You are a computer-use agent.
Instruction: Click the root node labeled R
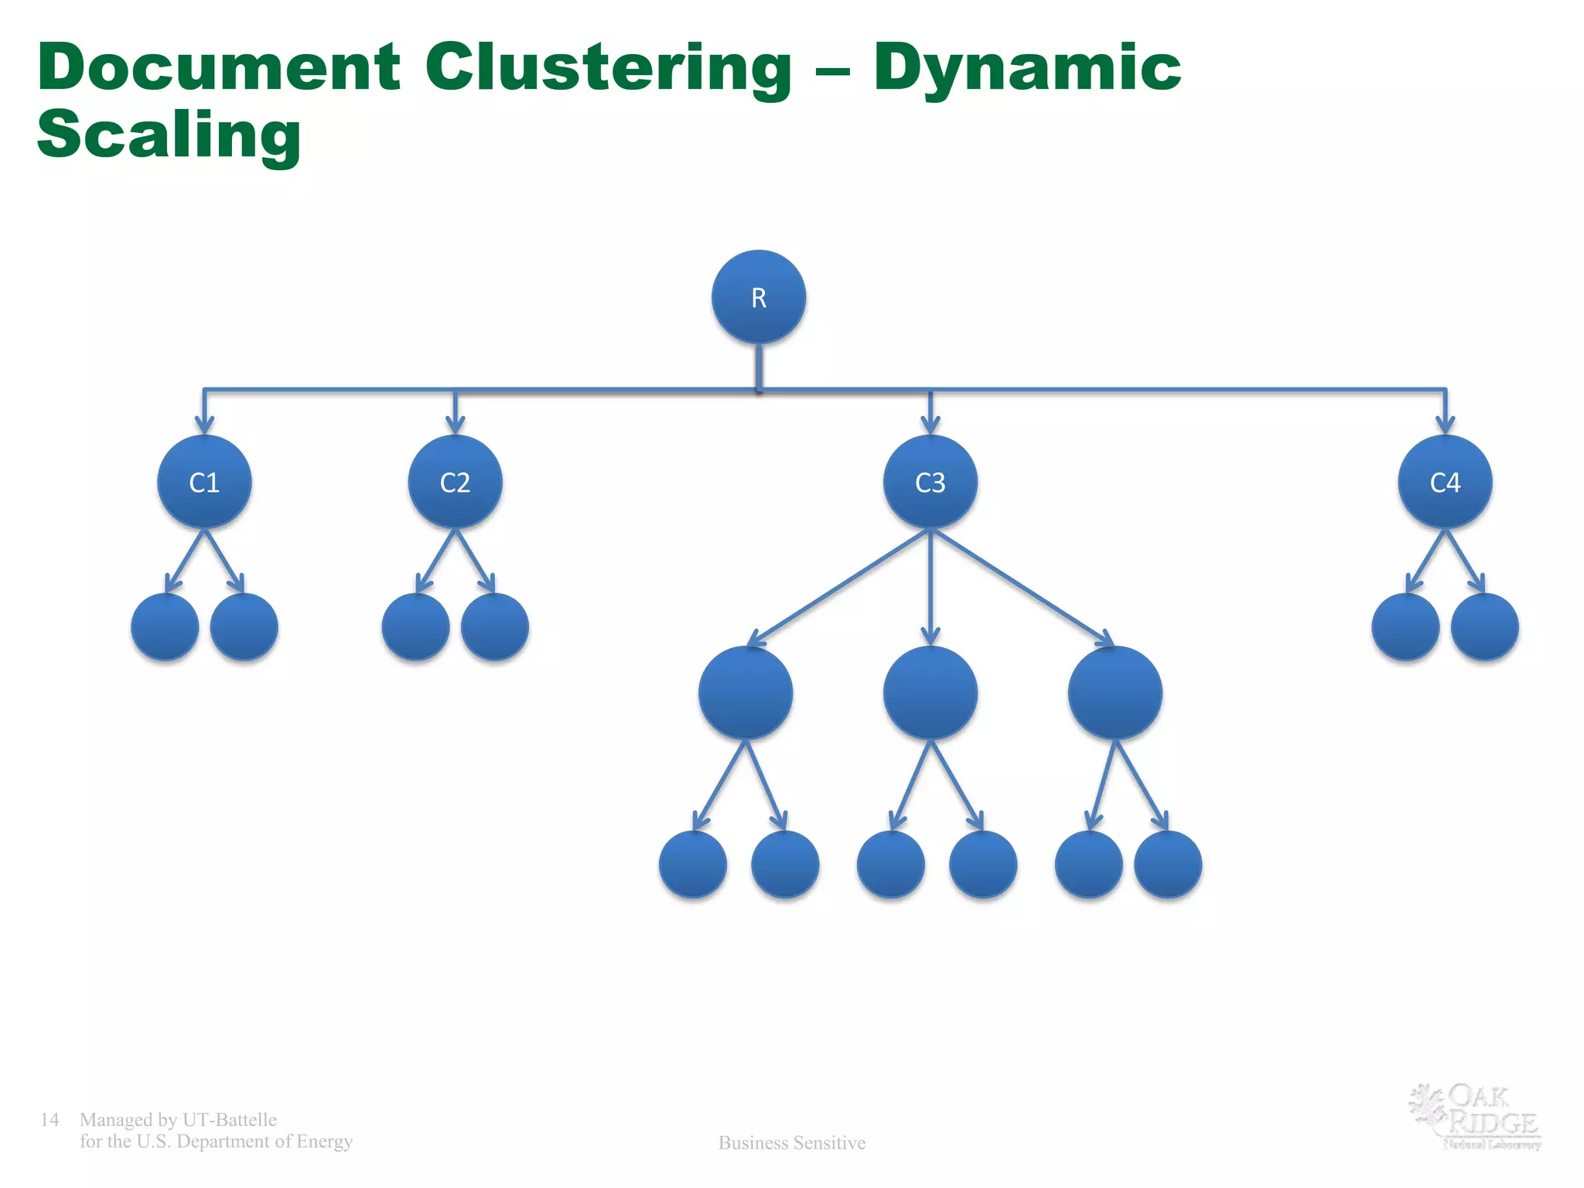(x=758, y=297)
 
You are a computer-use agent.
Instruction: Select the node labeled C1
(x=204, y=482)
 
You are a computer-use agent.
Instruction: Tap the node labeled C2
(x=455, y=482)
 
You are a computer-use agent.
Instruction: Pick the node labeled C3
(x=930, y=482)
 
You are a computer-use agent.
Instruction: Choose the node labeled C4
(x=1445, y=482)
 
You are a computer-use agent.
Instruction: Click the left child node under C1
(x=165, y=626)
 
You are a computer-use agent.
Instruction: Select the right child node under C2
(x=494, y=626)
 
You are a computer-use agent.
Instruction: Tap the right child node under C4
(x=1484, y=626)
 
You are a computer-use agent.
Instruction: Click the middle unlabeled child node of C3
(x=930, y=693)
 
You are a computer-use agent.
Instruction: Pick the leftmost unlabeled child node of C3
(x=745, y=693)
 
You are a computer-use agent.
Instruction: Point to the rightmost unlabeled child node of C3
(x=1115, y=693)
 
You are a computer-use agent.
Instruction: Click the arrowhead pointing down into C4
(x=1445, y=424)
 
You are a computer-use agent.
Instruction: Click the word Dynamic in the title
(x=1027, y=68)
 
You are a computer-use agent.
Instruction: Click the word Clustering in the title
(x=608, y=68)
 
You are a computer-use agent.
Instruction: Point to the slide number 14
(x=49, y=1119)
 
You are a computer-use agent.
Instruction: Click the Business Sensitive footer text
(x=791, y=1142)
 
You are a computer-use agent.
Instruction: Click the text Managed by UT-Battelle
(x=178, y=1119)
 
